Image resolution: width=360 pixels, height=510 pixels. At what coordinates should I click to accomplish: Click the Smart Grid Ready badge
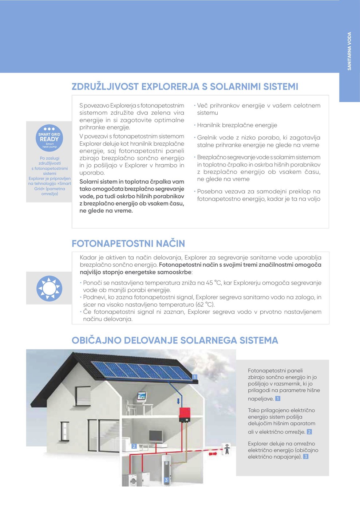coord(50,138)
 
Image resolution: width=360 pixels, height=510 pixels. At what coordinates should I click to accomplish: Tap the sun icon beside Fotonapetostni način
coord(49,289)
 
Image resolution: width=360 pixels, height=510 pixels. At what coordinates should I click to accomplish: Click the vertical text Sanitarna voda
coord(349,51)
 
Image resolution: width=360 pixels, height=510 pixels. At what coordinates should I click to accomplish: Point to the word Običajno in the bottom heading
coord(96,341)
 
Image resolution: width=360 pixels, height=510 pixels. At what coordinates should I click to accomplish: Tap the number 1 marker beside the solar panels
coord(195,377)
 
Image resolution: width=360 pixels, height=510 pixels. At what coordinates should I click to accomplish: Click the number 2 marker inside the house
coord(134,446)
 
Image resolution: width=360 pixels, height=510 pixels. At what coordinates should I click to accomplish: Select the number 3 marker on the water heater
coord(166,480)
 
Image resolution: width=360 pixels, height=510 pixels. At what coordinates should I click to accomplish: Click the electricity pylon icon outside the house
coord(227,449)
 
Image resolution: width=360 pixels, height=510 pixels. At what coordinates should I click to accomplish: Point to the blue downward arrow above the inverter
coord(178,401)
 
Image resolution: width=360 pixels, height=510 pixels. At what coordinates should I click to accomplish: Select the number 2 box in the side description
coord(309,432)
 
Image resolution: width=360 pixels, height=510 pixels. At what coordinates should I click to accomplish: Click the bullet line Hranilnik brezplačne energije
coord(237,125)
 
